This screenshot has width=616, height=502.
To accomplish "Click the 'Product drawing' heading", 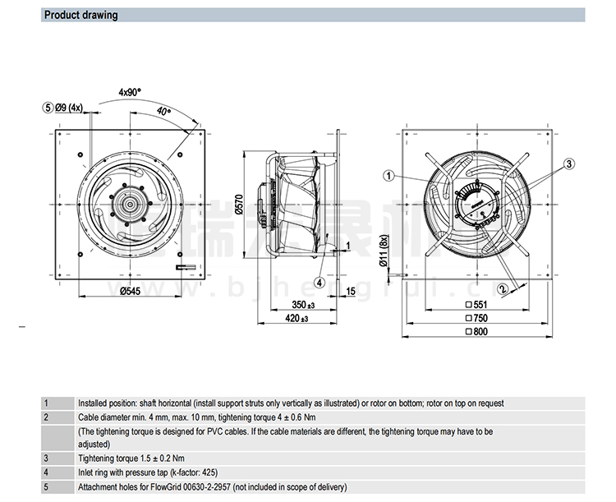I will coord(80,15).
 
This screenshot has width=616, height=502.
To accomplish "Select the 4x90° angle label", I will coord(130,92).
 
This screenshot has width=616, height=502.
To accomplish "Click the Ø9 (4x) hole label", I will coord(69,108).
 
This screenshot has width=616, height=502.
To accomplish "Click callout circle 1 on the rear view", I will coord(389,174).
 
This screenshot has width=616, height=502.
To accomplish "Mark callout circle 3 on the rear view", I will coord(568,164).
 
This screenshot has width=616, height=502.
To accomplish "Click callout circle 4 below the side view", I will coord(319,281).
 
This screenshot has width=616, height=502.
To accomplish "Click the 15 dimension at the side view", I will coord(351,291).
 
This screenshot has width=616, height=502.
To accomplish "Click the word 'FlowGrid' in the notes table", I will coord(168,486).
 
